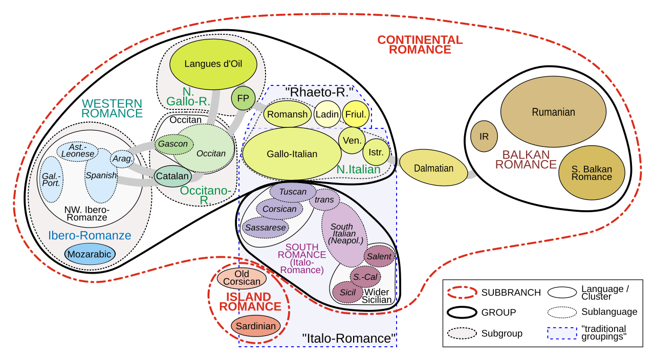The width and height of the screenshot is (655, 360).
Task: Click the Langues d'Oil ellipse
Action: coord(213,64)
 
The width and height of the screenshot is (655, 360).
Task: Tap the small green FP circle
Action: coord(243,98)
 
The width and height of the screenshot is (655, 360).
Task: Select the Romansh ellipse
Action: coord(288,114)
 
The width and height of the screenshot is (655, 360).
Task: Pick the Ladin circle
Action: coord(327,114)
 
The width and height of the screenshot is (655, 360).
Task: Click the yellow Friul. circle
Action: coord(356,114)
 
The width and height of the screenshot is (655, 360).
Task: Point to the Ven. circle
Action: coord(352,141)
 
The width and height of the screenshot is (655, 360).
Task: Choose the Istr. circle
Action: coord(376,152)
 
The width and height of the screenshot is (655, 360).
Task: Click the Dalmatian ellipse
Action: coord(433,168)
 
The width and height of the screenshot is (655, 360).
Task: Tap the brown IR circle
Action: coord(484,136)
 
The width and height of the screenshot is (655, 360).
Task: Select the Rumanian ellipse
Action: coord(553,111)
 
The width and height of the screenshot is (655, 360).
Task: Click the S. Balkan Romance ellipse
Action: coord(592,173)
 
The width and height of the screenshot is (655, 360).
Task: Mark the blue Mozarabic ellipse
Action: coord(90,254)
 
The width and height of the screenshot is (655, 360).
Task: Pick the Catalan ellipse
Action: coord(173,176)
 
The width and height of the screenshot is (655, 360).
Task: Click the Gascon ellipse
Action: coord(173,144)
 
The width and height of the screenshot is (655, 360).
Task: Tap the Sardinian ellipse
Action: coord(255,326)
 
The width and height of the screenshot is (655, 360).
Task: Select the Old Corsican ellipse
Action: coord(242,278)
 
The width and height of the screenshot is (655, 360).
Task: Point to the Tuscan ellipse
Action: coord(293,192)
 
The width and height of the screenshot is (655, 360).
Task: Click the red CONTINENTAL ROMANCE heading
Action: coord(420,44)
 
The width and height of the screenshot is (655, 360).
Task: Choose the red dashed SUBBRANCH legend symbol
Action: coord(462,292)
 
